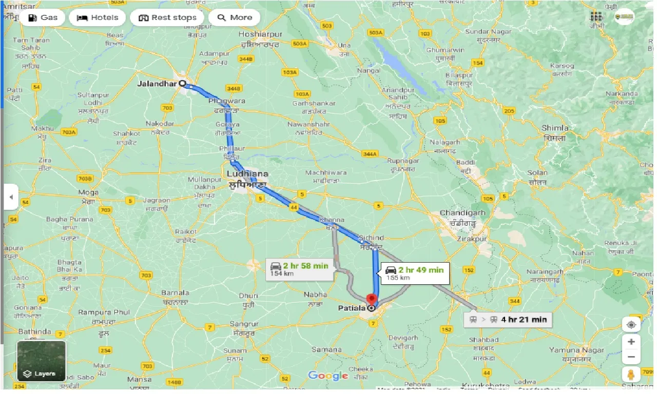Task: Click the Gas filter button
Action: click(43, 17)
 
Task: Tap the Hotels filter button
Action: click(98, 17)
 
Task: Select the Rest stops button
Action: click(167, 17)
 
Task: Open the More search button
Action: click(235, 17)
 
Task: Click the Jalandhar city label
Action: click(157, 83)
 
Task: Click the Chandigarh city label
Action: click(462, 213)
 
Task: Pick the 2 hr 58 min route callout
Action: click(299, 269)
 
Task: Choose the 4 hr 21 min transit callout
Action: click(508, 320)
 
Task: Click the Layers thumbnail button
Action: click(41, 361)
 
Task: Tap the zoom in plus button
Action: click(631, 342)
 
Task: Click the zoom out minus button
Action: click(631, 357)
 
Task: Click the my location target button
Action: click(631, 324)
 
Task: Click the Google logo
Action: click(328, 376)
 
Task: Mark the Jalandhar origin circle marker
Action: click(182, 83)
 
